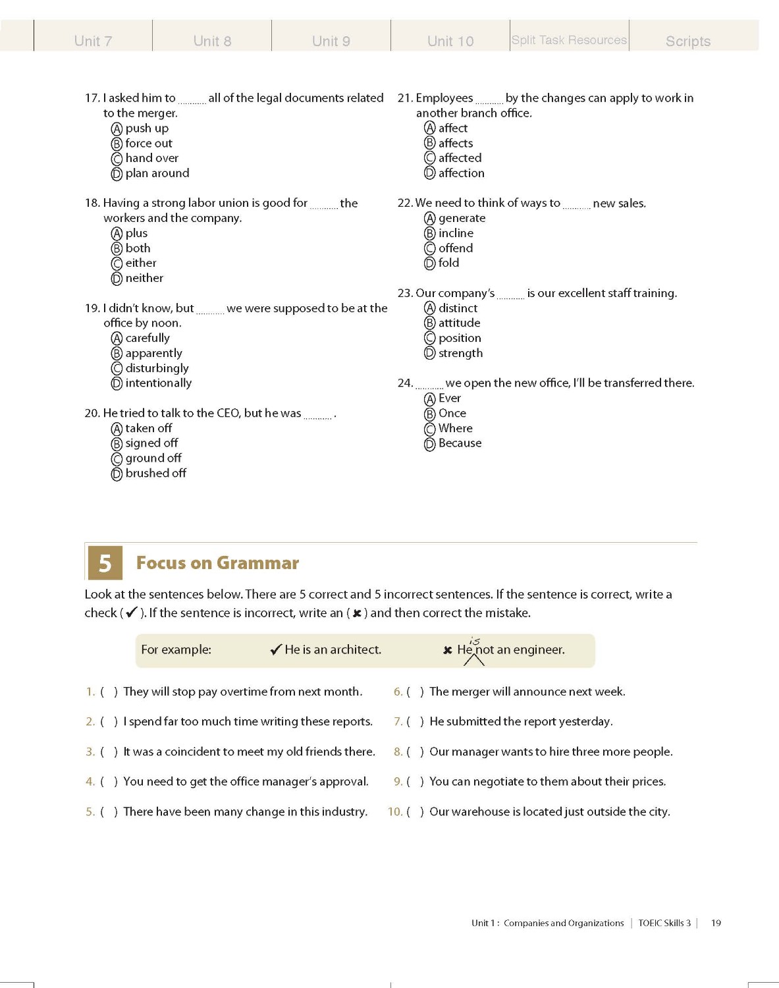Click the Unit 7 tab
93,41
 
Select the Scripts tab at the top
687,41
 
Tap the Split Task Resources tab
569,40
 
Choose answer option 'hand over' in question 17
151,158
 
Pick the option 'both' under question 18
138,248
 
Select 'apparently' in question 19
153,353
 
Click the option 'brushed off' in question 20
155,473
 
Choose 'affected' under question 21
460,158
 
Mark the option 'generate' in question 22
462,218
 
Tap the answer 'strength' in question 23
460,353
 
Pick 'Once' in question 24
452,413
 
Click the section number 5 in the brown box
105,563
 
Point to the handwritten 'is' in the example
475,641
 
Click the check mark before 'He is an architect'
276,649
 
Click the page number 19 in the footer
716,923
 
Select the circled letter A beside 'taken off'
117,429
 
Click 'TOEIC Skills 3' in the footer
664,923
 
